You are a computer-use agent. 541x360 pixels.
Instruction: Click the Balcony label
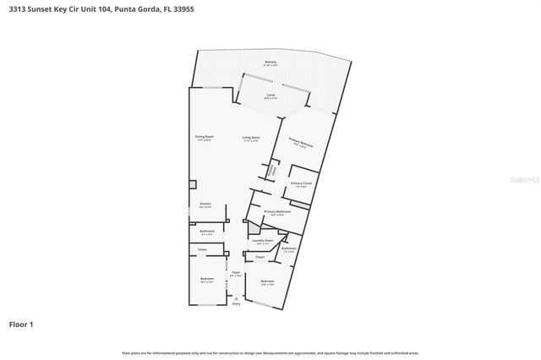(270, 63)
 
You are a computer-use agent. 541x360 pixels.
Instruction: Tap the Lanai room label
(270, 95)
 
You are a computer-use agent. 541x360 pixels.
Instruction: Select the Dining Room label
(205, 137)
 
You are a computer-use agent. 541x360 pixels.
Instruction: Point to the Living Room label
(251, 137)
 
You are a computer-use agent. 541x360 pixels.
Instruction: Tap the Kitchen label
(205, 204)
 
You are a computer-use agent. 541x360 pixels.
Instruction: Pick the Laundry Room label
(264, 241)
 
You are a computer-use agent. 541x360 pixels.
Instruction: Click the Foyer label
(236, 272)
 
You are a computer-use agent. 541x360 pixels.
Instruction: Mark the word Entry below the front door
(236, 303)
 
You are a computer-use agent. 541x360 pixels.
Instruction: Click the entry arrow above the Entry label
(236, 297)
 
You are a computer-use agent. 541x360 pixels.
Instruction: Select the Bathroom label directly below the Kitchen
(207, 231)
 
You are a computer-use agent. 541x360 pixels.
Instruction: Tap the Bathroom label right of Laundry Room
(288, 248)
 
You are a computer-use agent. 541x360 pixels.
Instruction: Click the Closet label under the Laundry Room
(260, 257)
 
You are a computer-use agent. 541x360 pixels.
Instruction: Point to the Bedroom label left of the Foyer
(207, 279)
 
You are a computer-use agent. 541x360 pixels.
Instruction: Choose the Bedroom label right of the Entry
(267, 281)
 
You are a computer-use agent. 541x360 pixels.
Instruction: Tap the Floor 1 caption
(21, 324)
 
